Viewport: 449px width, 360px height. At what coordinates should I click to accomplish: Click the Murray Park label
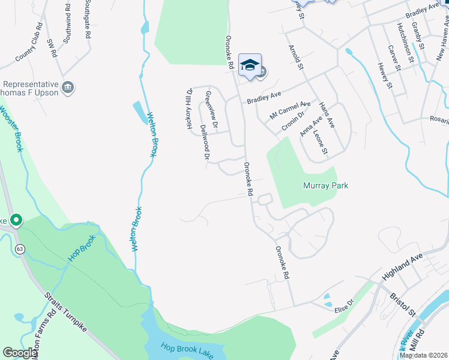[x=325, y=185]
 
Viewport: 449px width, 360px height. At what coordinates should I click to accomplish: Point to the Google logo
[x=20, y=353]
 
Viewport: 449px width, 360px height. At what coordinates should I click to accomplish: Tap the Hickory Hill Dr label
[x=189, y=108]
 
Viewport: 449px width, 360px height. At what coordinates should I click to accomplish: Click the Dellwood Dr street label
[x=205, y=143]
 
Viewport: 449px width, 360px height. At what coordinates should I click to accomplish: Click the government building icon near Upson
[x=68, y=87]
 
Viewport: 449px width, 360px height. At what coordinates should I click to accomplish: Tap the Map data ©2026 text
[x=423, y=355]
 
